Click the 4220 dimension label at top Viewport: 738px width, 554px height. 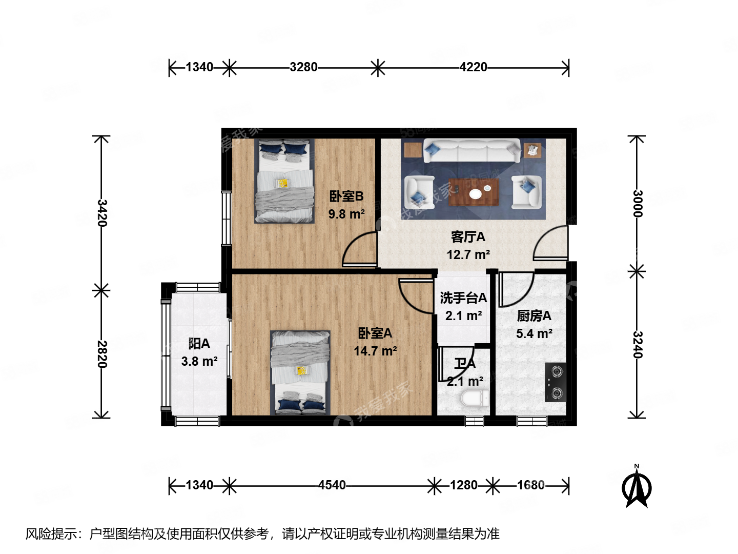point(473,67)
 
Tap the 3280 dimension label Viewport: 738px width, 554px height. point(303,67)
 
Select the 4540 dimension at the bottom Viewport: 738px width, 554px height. point(332,485)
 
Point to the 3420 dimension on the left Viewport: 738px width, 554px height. point(102,213)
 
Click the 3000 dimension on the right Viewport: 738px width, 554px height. point(637,204)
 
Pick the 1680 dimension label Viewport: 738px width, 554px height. point(530,485)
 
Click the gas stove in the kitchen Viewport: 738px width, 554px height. point(556,382)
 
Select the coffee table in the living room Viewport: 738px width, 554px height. point(474,193)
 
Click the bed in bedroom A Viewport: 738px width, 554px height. point(300,372)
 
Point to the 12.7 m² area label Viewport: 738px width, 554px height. point(468,254)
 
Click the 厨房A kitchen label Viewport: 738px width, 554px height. point(534,316)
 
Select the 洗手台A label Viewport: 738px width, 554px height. point(463,298)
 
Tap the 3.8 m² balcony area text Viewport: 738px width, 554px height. point(199,362)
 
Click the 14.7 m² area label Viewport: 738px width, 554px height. point(375,351)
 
